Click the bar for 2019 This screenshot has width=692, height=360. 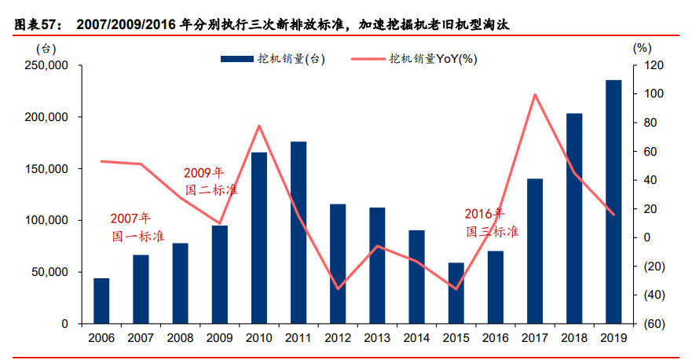(x=613, y=202)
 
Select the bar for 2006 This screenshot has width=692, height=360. (x=101, y=301)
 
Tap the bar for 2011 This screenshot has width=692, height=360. (x=298, y=233)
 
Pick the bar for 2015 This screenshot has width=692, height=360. (x=456, y=293)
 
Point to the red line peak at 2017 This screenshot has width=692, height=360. (x=535, y=95)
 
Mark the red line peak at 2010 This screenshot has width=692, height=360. (x=259, y=126)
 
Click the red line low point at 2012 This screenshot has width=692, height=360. (x=338, y=288)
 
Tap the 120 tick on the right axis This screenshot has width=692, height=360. (x=654, y=65)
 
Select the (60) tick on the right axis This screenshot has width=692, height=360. (x=654, y=324)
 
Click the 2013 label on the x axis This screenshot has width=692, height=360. (x=377, y=337)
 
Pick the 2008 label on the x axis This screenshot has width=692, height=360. (x=180, y=337)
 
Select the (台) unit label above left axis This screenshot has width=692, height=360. (x=46, y=48)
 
